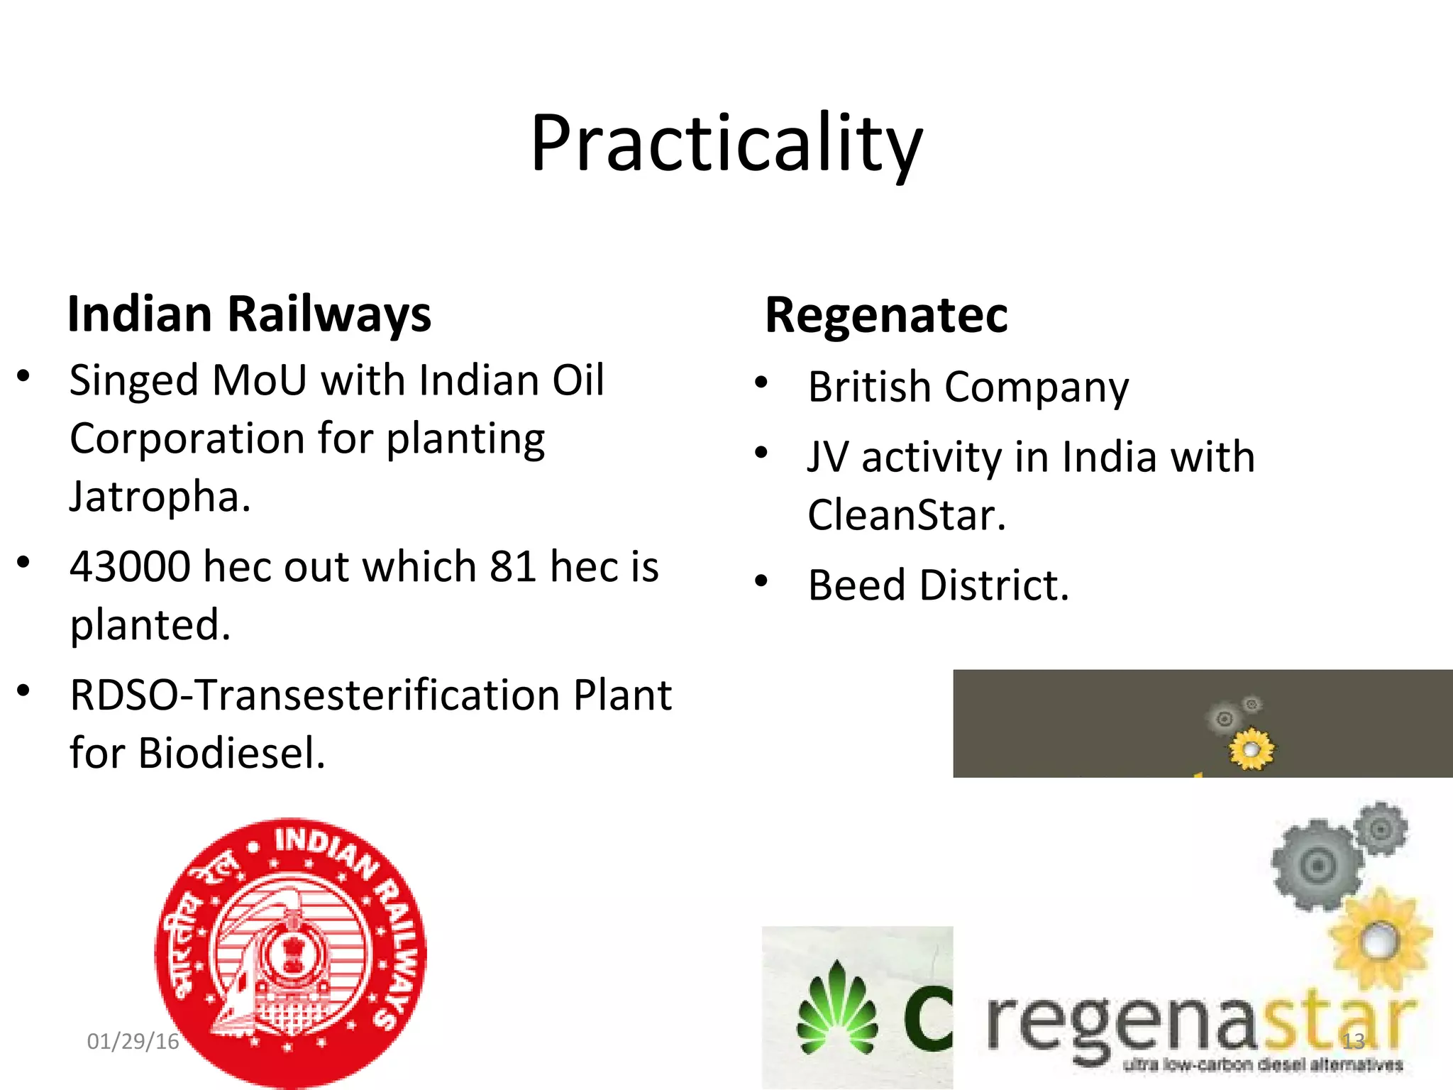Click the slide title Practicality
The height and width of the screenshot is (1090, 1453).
pyautogui.click(x=726, y=143)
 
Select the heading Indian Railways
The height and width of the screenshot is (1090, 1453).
pyautogui.click(x=249, y=314)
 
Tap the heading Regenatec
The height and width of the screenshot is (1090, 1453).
pyautogui.click(x=886, y=314)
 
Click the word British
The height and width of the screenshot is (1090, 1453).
pyautogui.click(x=869, y=387)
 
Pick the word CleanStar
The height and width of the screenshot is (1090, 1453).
pyautogui.click(x=906, y=515)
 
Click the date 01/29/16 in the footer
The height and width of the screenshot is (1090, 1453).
pyautogui.click(x=133, y=1041)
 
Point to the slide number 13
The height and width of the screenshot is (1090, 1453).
pyautogui.click(x=1354, y=1041)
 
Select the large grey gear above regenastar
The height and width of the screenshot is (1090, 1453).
pyautogui.click(x=1317, y=866)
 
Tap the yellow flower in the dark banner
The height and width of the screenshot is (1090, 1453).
pyautogui.click(x=1252, y=749)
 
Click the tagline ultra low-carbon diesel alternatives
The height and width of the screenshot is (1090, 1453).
pyautogui.click(x=1263, y=1064)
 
